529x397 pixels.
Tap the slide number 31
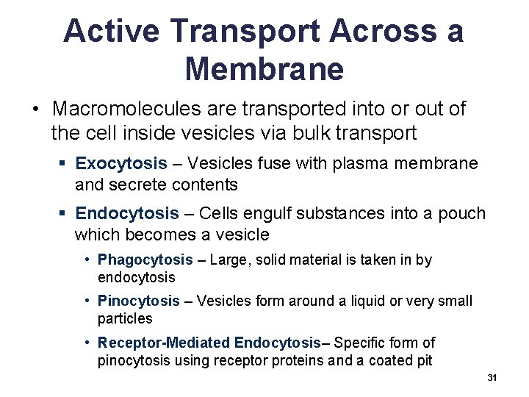492,377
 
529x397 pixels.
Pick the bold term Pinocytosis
139,301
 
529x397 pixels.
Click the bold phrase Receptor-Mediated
164,343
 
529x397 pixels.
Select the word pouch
461,214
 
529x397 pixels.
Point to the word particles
125,318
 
